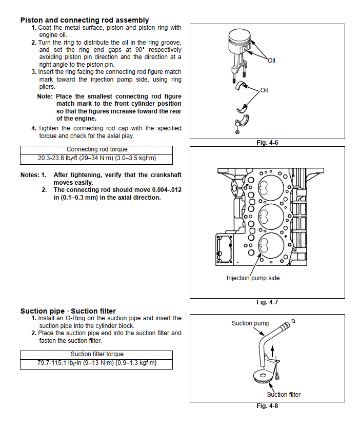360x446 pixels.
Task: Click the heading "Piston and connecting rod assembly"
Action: click(85, 20)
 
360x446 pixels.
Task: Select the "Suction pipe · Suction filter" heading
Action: click(68, 311)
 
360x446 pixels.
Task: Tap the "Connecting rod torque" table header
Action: click(96, 149)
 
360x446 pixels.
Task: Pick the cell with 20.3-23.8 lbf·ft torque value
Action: click(96, 158)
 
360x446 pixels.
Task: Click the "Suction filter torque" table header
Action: click(96, 354)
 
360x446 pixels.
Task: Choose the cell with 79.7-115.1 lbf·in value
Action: click(96, 363)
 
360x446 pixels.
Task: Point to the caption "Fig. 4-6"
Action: click(267, 143)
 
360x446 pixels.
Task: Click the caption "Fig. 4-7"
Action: click(267, 302)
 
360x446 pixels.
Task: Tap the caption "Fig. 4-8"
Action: click(267, 406)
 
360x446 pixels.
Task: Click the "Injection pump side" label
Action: click(253, 278)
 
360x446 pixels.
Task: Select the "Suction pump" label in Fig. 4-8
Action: click(250, 323)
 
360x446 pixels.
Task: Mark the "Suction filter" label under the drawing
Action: click(284, 394)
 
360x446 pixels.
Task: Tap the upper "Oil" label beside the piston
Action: click(271, 61)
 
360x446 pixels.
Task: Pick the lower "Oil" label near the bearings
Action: click(264, 90)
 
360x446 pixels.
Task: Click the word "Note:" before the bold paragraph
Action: click(45, 96)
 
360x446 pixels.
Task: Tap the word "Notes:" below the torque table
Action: click(30, 175)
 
